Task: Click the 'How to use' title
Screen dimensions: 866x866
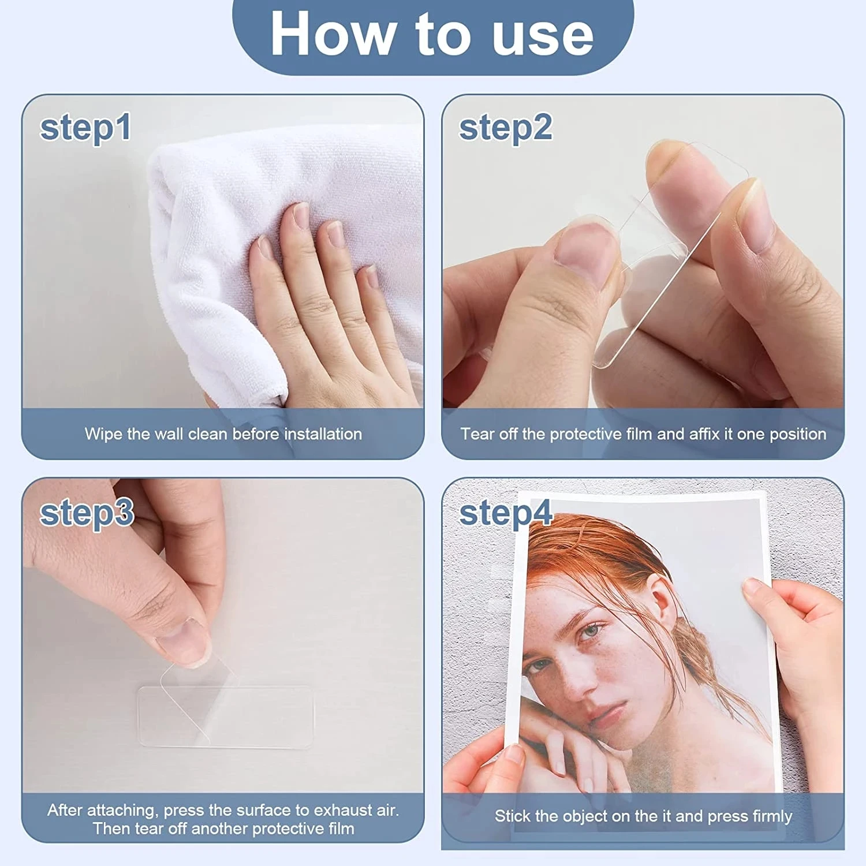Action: click(432, 33)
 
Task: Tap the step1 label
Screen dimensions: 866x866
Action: click(85, 128)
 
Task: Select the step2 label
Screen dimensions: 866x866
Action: click(505, 128)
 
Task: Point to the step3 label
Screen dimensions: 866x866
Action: click(87, 513)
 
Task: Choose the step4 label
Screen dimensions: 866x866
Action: click(506, 513)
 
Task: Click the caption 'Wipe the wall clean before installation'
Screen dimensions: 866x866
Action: click(223, 434)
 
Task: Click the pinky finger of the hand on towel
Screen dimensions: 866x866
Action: click(369, 277)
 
